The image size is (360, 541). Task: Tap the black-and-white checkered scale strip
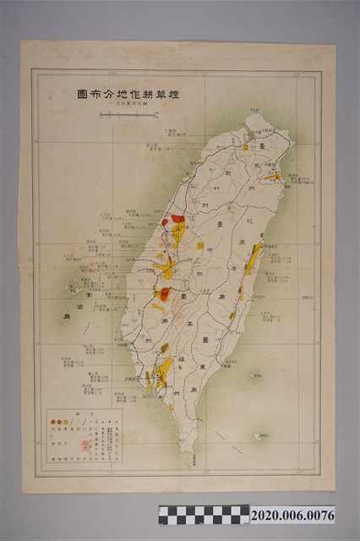click(x=204, y=515)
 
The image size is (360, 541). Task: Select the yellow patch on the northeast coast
click(x=273, y=177)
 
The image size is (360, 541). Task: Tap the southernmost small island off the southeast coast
click(x=259, y=437)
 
